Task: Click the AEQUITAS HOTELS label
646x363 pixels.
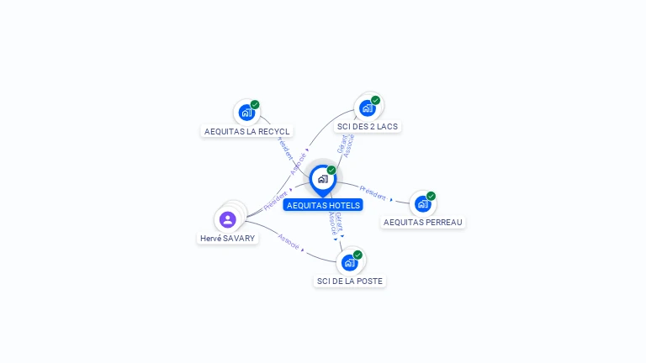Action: [x=323, y=205]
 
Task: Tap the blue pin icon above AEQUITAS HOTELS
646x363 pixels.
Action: [x=322, y=179]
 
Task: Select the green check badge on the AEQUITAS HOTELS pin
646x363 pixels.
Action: [x=331, y=171]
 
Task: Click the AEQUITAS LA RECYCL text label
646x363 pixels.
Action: [x=247, y=131]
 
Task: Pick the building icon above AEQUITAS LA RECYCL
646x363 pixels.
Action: [x=246, y=112]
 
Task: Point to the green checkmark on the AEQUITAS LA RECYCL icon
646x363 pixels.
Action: [x=255, y=105]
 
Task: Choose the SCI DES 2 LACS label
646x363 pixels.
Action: [x=367, y=127]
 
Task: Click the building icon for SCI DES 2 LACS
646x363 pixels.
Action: [x=367, y=108]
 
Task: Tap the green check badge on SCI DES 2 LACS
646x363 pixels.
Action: [x=375, y=101]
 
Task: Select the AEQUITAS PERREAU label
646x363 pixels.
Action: [x=422, y=223]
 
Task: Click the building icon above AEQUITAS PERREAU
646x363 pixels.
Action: [x=422, y=203]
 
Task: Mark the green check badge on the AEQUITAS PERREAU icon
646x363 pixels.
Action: [x=431, y=197]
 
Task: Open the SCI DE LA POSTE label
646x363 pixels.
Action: [x=350, y=281]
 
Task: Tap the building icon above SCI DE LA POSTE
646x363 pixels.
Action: [x=349, y=262]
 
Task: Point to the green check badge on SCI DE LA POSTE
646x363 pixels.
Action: [x=357, y=255]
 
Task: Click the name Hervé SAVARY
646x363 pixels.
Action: [x=227, y=238]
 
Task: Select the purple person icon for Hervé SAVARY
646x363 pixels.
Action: [x=227, y=219]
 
